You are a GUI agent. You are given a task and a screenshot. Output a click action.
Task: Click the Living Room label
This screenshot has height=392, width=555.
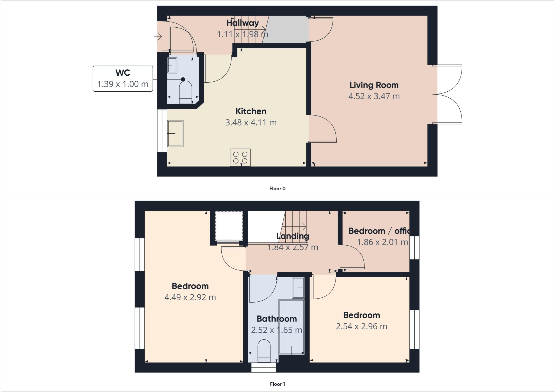374,85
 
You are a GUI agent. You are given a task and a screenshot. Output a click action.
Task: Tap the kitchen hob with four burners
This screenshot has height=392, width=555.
240,157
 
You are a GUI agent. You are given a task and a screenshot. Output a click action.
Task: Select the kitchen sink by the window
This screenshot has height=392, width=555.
175,133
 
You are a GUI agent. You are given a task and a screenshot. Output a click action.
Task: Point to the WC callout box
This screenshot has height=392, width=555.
123,79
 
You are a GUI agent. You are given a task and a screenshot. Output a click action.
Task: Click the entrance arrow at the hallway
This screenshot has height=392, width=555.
158,36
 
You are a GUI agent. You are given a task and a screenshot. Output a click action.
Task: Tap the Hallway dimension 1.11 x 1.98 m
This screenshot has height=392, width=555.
243,34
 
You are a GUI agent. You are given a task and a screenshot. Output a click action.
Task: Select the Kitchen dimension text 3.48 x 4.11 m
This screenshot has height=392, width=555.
251,123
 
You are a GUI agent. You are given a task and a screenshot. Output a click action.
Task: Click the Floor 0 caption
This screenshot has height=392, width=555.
277,189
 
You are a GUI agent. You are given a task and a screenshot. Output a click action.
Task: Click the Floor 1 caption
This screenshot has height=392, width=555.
277,384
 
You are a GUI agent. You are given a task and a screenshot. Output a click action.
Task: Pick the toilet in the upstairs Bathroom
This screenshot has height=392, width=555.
264,351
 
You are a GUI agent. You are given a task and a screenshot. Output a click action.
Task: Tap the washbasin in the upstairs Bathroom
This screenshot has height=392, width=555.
298,288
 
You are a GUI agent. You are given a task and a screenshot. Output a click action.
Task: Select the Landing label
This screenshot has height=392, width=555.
293,236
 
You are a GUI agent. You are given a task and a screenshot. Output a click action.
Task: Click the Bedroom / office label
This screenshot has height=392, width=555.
379,231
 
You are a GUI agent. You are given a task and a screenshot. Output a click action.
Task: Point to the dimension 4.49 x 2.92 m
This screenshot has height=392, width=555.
190,297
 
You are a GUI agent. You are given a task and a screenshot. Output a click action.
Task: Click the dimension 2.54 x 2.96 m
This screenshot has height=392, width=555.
361,326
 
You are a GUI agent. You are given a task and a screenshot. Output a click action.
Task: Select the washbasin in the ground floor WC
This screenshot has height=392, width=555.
172,65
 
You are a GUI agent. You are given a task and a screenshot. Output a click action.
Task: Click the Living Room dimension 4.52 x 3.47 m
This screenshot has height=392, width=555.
374,96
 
